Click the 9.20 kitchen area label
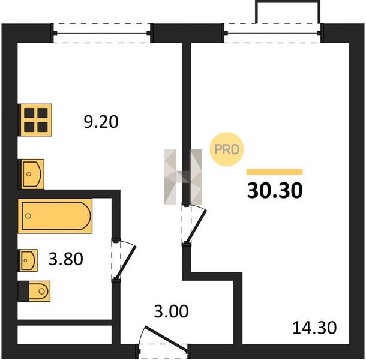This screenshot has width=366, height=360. point(101,122)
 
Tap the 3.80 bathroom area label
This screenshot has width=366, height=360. point(66,259)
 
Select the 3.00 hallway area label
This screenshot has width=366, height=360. point(171,311)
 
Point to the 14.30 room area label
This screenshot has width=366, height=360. point(314,328)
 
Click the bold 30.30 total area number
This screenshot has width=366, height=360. point(275,191)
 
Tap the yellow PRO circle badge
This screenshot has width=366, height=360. point(226,149)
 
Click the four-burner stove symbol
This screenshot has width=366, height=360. point(35,120)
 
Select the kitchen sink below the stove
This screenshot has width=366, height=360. point(32,174)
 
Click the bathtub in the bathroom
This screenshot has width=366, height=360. point(55,216)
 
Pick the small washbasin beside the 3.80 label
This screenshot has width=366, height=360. point(28,260)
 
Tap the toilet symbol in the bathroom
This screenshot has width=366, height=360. point(34,291)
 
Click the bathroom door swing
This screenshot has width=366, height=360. point(124,259)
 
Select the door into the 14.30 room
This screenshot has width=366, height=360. point(194,224)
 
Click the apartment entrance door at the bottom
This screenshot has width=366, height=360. point(163,342)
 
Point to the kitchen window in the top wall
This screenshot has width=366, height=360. point(102,33)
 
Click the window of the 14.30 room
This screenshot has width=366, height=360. point(272,33)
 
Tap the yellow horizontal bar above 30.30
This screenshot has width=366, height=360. point(275,172)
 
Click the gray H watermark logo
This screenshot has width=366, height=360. point(183,177)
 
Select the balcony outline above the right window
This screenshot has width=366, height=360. point(287,11)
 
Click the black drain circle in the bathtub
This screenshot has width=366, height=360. point(28,216)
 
